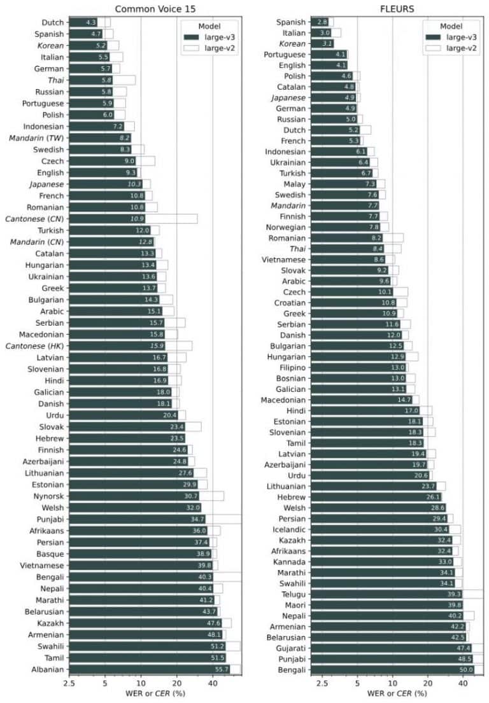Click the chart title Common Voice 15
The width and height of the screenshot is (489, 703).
(155, 8)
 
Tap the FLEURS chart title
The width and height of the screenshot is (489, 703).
(397, 8)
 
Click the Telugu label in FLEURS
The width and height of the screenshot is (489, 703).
(292, 594)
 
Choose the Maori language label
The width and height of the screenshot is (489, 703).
(294, 605)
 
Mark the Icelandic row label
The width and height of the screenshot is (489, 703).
(288, 529)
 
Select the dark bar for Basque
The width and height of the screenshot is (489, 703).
(140, 553)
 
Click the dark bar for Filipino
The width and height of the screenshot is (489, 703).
(357, 367)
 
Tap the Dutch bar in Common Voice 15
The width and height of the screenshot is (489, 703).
(83, 22)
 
